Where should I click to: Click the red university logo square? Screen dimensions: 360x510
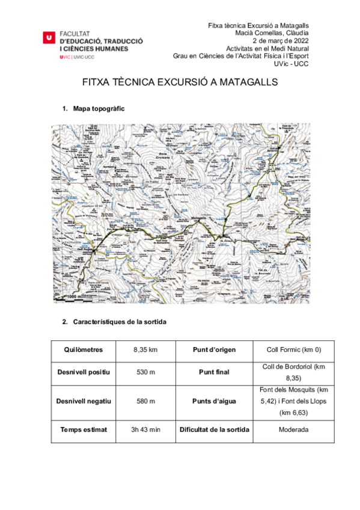click(49, 37)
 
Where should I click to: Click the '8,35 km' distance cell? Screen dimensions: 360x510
click(145, 349)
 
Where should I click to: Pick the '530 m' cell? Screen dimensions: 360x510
click(145, 372)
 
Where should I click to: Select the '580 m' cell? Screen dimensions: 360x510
click(145, 401)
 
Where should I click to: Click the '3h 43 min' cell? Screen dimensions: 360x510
click(145, 429)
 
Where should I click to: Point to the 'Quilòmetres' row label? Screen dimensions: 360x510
click(84, 349)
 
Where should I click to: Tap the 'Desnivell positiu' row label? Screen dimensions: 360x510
click(84, 372)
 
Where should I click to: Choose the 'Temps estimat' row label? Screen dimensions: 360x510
click(84, 429)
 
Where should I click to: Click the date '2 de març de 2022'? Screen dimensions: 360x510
click(281, 40)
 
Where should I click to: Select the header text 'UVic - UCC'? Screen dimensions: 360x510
click(291, 64)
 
